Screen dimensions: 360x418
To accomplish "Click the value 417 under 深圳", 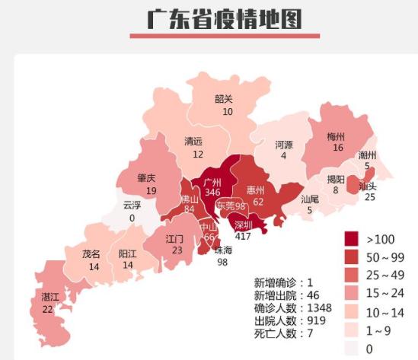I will (x=243, y=236).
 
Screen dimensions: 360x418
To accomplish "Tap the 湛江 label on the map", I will (x=47, y=296).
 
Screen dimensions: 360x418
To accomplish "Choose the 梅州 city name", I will (x=337, y=136).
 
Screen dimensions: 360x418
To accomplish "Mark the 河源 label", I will (x=284, y=144).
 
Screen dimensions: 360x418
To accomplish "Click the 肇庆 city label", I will (x=147, y=179).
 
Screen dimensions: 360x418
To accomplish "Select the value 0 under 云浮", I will (x=132, y=218).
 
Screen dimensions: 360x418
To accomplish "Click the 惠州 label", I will (x=256, y=190).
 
